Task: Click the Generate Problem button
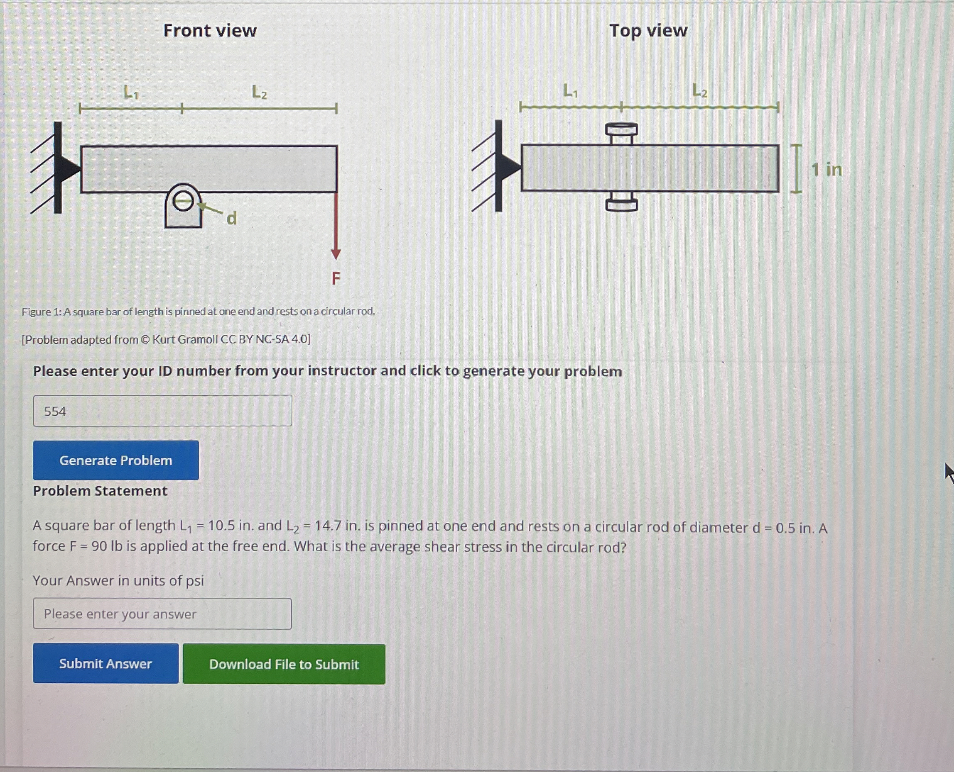(116, 460)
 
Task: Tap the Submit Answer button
(105, 663)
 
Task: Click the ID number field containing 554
(162, 411)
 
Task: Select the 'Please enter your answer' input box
(162, 614)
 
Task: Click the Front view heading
(210, 31)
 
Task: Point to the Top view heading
(648, 31)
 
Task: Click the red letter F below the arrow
(336, 279)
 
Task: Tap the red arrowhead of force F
(336, 254)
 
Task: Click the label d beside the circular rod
(231, 219)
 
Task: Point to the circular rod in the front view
(182, 202)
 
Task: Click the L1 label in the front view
(131, 93)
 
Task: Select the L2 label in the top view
(700, 91)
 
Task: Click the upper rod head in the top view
(621, 129)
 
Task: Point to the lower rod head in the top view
(621, 205)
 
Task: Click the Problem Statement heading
(100, 491)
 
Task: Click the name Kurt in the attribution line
(163, 340)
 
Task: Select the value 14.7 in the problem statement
(328, 526)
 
